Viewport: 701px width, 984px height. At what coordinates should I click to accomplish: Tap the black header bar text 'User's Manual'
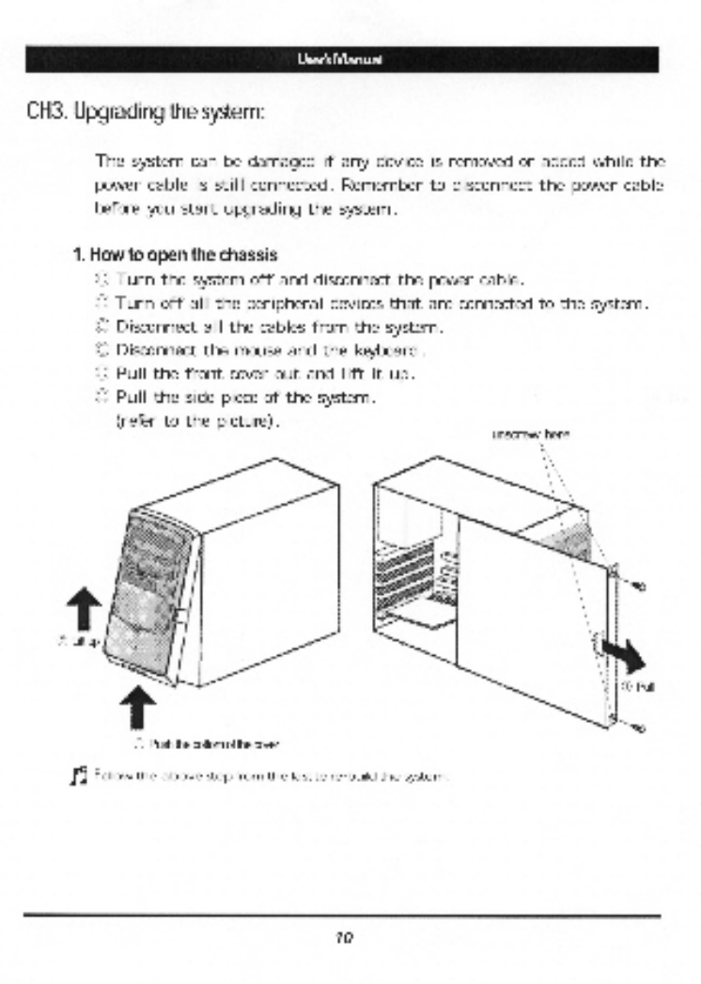(x=350, y=60)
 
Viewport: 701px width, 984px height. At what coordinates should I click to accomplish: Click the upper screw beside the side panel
(x=637, y=586)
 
